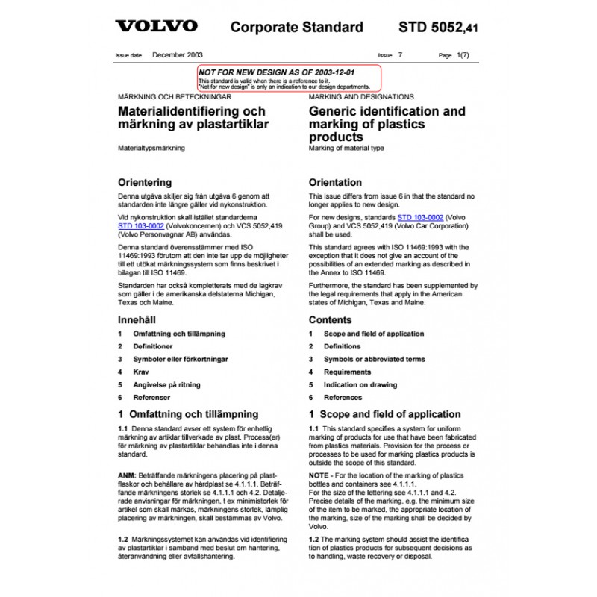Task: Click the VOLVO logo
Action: click(156, 26)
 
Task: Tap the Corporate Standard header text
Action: click(296, 28)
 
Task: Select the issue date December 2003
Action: click(178, 55)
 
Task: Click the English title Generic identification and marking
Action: click(387, 124)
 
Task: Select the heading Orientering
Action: click(145, 182)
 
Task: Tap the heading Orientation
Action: click(335, 182)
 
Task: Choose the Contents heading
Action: click(330, 319)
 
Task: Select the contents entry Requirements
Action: click(347, 372)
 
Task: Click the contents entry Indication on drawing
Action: click(360, 384)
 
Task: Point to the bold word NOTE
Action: click(319, 475)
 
